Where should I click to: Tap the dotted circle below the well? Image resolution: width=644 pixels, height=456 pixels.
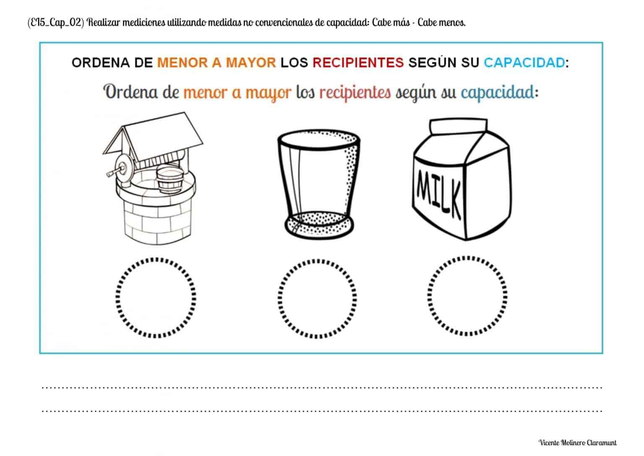(156, 297)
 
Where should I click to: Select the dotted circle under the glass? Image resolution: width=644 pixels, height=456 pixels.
(317, 298)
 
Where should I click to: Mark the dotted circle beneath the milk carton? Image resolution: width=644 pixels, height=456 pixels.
(468, 297)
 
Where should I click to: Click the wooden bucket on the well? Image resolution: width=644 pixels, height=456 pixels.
(169, 178)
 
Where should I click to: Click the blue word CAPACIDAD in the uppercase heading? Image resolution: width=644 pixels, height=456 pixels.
(524, 63)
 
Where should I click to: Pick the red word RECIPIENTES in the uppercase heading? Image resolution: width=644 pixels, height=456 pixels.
(358, 63)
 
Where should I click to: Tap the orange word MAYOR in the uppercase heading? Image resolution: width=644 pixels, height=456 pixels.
(251, 63)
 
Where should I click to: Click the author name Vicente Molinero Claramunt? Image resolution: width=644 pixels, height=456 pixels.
(577, 443)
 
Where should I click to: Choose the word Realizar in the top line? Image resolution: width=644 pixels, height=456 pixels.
(105, 23)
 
